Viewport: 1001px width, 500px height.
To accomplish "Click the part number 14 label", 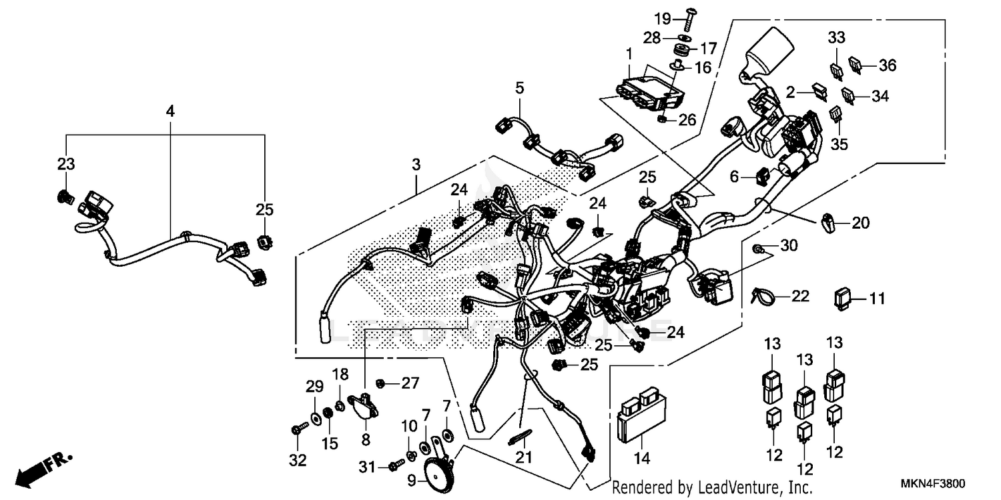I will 642,459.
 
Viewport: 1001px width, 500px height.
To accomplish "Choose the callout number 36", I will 887,65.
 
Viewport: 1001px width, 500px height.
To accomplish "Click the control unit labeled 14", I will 640,416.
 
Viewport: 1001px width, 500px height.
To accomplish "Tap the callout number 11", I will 876,298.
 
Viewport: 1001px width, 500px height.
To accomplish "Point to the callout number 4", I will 170,111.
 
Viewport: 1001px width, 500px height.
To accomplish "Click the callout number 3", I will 416,164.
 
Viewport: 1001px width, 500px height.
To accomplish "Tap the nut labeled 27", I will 380,383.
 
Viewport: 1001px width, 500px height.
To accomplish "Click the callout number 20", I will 861,223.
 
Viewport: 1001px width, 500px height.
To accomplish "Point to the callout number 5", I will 519,87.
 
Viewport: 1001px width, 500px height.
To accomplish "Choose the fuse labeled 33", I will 836,69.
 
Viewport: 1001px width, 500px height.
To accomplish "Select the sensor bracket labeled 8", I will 364,406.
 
